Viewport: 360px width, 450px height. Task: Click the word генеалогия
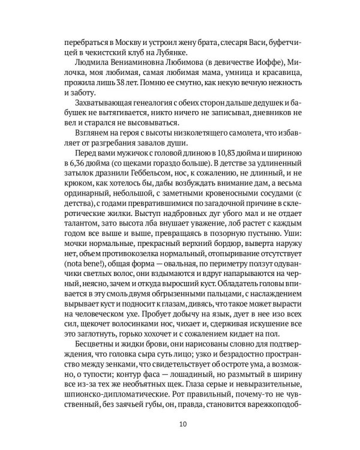click(170, 106)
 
